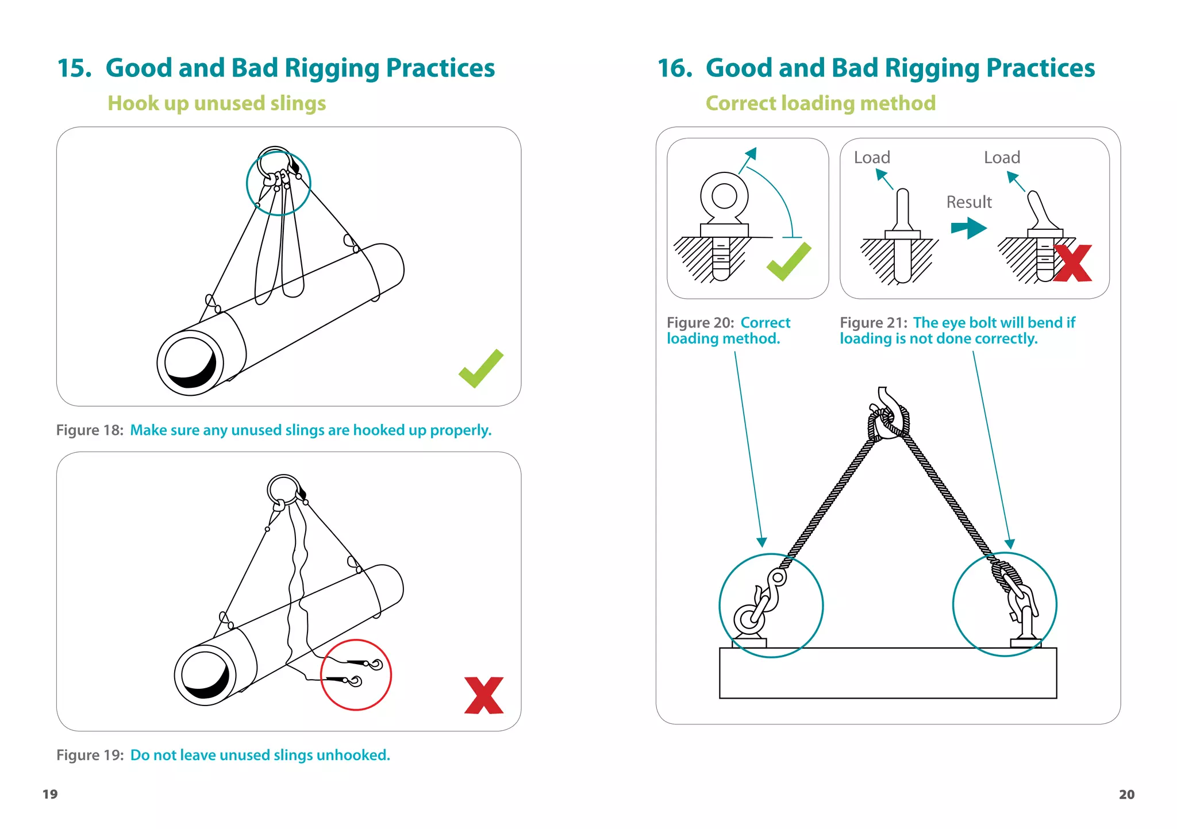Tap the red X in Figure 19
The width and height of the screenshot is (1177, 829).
tap(484, 695)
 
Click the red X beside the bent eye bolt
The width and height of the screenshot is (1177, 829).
tap(1072, 264)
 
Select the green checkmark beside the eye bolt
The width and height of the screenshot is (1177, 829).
tap(788, 263)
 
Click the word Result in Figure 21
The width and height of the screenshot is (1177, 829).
tap(969, 202)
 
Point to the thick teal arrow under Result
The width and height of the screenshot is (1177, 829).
tap(969, 228)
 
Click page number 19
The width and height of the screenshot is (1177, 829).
tap(50, 794)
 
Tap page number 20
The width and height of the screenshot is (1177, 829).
tap(1126, 794)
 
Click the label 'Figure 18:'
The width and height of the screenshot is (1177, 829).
tap(90, 430)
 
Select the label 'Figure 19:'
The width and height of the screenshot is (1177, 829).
tap(90, 755)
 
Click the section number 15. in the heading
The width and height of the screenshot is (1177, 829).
tap(75, 68)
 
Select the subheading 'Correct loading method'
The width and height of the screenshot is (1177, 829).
tap(820, 103)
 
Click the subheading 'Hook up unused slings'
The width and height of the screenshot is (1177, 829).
tap(217, 103)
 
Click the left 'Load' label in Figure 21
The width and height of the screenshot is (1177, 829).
tap(872, 157)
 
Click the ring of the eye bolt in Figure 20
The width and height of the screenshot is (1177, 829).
tap(724, 196)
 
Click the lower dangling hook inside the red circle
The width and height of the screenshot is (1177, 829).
tap(353, 681)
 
